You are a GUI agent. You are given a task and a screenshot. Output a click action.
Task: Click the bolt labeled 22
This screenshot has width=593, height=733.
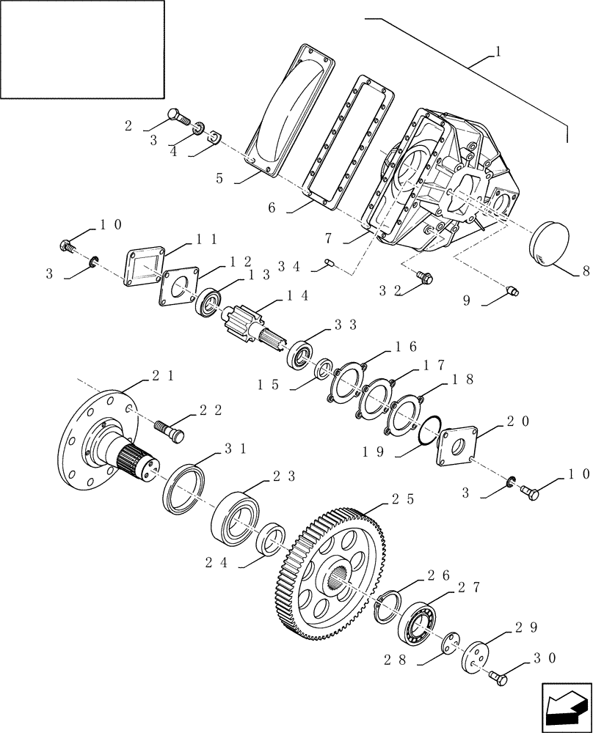(170, 430)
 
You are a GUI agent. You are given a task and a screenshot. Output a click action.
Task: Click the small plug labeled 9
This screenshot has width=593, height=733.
(512, 292)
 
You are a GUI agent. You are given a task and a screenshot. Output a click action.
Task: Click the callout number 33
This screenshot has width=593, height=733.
(345, 323)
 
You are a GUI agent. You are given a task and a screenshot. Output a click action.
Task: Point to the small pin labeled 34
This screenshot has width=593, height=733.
(330, 262)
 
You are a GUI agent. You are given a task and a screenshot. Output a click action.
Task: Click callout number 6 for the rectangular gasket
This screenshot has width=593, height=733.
(271, 207)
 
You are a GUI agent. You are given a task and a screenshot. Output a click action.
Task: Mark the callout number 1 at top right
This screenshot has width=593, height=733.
(498, 53)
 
